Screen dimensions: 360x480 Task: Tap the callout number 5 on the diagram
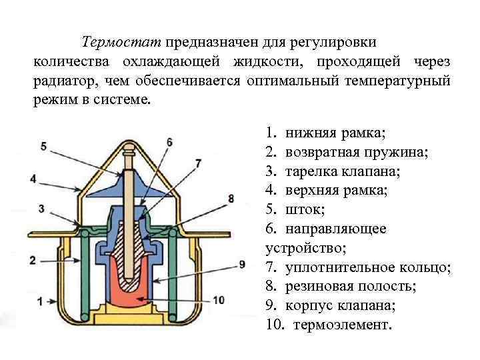[43, 146]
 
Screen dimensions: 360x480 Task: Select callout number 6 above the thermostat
[169, 142]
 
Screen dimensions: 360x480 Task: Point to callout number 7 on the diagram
[198, 163]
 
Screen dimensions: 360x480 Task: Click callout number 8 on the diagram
[231, 198]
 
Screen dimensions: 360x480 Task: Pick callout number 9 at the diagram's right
[242, 265]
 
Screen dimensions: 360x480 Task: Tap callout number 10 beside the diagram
[218, 299]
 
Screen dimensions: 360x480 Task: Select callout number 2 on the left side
[32, 260]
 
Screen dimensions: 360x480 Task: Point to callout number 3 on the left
[41, 209]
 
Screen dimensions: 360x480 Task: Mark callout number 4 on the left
[32, 179]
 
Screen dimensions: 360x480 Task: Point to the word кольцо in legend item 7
[427, 267]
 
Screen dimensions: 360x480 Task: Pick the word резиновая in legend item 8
[319, 287]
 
